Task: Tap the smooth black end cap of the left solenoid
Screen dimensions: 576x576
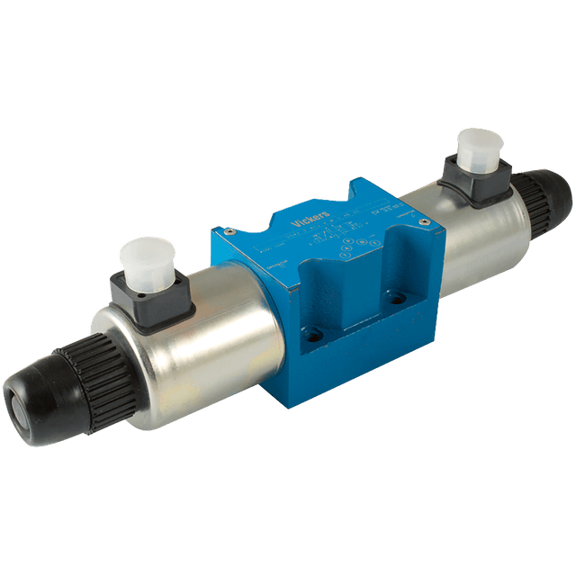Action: [31, 406]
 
